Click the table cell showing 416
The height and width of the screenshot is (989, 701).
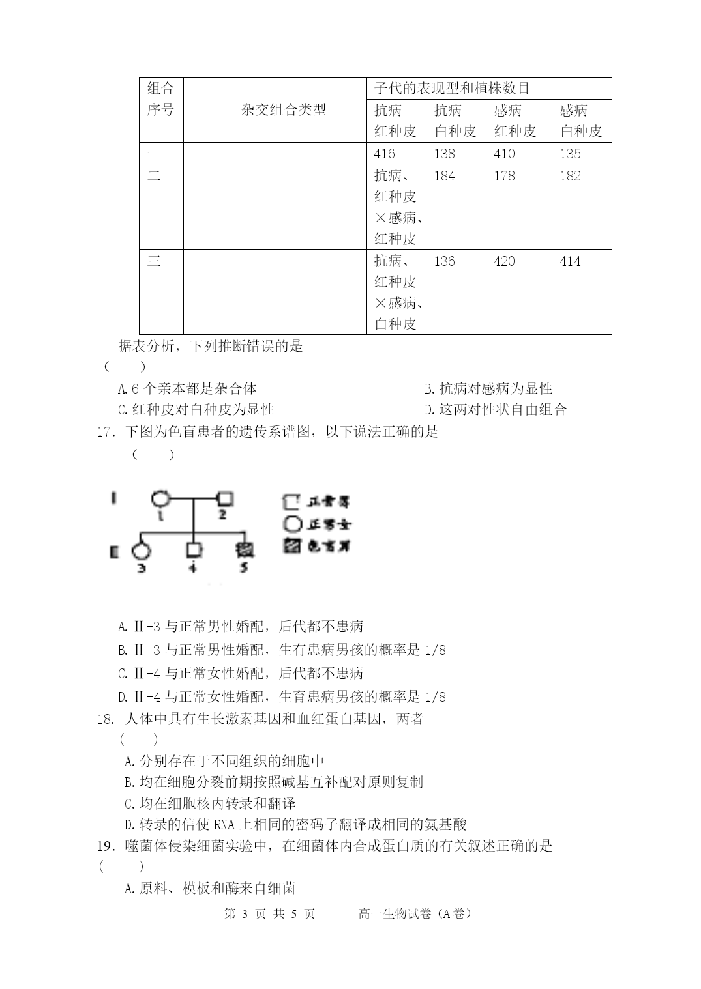click(385, 154)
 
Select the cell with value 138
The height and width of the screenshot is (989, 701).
click(445, 154)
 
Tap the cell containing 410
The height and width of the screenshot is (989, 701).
click(504, 154)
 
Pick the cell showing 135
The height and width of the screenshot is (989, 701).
click(571, 154)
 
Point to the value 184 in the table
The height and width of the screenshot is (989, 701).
click(445, 176)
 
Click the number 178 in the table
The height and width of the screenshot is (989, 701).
click(504, 176)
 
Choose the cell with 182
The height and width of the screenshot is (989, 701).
click(571, 176)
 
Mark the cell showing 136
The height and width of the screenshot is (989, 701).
click(445, 261)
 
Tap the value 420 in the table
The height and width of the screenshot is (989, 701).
click(504, 261)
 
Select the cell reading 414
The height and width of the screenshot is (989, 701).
click(571, 261)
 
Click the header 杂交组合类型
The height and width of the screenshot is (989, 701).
click(283, 110)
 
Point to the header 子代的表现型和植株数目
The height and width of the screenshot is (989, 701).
click(452, 89)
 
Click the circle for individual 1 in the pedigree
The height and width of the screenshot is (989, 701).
click(160, 500)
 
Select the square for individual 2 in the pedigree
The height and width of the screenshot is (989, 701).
click(225, 500)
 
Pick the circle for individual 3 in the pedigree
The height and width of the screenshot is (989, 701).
click(141, 551)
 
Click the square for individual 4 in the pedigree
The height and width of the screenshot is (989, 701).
click(194, 550)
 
